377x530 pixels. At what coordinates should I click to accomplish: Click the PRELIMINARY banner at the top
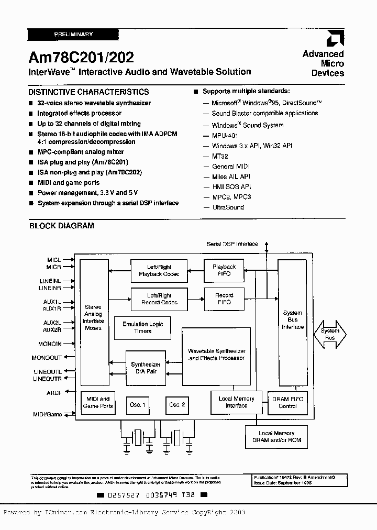73,35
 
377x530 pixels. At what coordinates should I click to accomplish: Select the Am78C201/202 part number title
81,56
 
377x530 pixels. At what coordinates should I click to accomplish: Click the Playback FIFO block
224,270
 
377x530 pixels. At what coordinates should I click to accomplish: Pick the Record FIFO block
224,299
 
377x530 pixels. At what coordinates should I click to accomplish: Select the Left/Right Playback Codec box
159,270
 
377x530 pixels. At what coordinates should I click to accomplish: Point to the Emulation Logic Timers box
142,327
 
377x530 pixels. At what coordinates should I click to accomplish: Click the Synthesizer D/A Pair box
146,368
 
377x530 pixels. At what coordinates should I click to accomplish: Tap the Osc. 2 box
176,405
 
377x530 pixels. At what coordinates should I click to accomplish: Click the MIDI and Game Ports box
97,402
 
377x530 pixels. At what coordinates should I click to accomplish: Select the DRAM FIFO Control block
287,402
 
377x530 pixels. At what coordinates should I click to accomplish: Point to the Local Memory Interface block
236,402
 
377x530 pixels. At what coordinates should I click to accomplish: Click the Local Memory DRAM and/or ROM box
276,436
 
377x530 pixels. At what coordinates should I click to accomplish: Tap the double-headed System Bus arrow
329,334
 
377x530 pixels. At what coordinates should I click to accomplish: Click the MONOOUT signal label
47,358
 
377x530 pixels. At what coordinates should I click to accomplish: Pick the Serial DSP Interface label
232,244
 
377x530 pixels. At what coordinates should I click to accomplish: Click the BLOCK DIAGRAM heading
61,226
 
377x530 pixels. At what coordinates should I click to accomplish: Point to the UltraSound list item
228,207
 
